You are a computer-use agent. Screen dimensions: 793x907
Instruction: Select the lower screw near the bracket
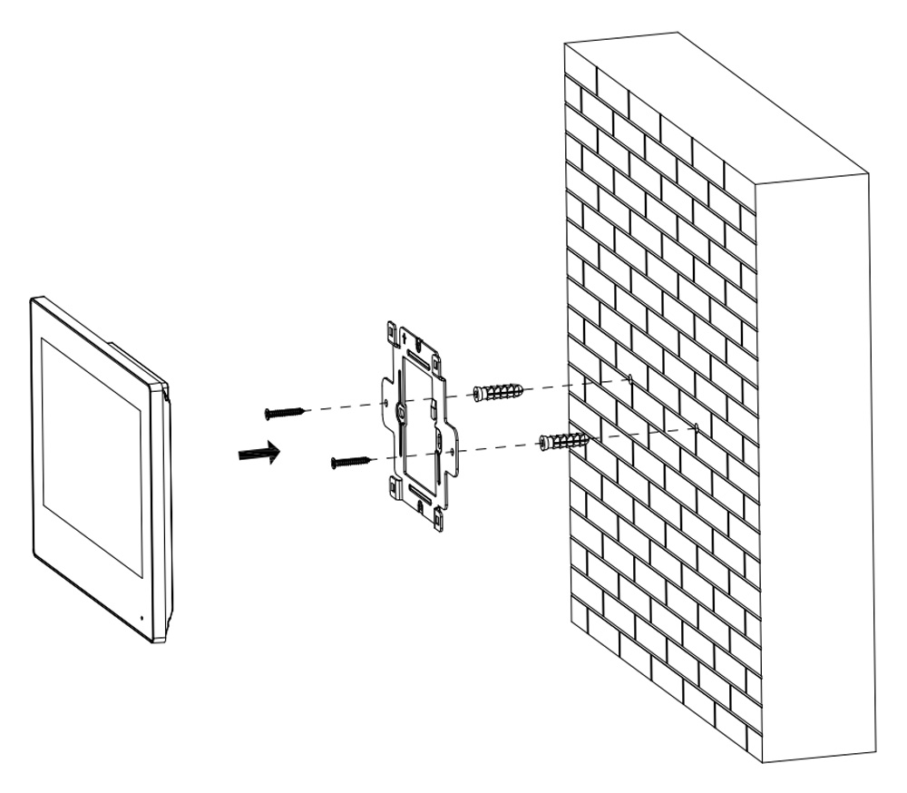tap(352, 462)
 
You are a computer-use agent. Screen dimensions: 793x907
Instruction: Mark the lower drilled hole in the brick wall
tap(694, 425)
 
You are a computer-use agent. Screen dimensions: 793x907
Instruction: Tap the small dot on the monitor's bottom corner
tap(141, 619)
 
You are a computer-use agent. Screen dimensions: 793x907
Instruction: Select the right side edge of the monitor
tap(166, 508)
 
